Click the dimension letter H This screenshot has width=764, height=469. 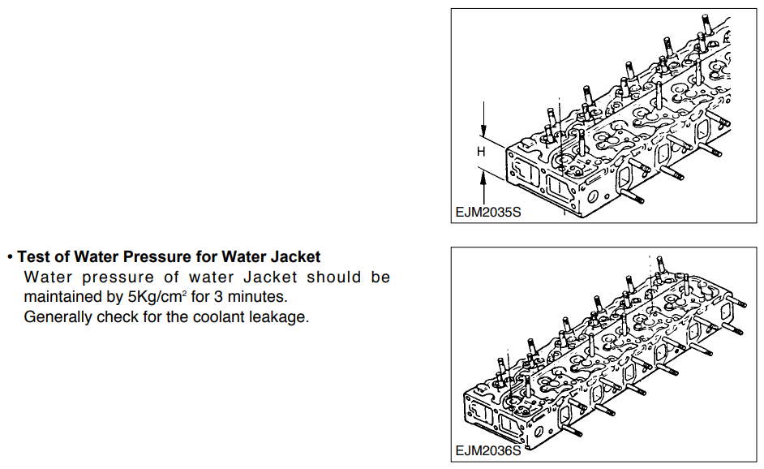point(481,152)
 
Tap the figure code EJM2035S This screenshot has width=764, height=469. point(488,212)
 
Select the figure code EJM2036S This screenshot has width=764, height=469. point(488,450)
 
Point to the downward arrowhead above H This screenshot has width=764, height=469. point(483,130)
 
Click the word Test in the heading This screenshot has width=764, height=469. point(33,256)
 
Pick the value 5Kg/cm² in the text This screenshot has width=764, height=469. point(157,296)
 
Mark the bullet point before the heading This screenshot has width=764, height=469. point(10,257)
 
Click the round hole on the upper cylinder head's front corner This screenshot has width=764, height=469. point(593,198)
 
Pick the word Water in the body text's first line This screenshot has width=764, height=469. point(48,277)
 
